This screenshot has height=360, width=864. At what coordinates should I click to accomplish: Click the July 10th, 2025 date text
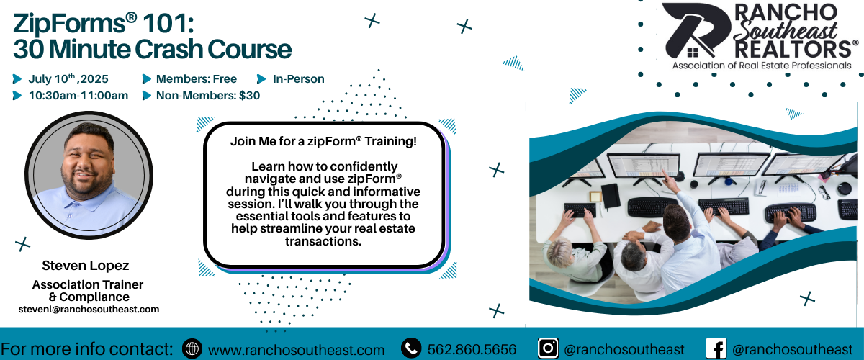[68, 78]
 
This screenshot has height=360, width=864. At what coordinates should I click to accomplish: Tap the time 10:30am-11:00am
[78, 95]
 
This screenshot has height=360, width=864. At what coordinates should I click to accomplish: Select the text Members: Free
[197, 78]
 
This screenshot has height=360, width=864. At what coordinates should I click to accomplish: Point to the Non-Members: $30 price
[208, 95]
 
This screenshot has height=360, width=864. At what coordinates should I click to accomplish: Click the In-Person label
[299, 78]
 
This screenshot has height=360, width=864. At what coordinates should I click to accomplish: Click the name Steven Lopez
[85, 266]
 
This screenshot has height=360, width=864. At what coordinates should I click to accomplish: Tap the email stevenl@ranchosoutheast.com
[89, 309]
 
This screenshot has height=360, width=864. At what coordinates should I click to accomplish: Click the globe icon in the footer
[192, 348]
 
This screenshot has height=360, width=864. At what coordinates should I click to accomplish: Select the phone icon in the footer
[411, 348]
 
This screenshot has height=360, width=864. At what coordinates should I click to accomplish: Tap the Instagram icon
[548, 348]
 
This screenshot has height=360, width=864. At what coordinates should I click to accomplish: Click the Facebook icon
[716, 348]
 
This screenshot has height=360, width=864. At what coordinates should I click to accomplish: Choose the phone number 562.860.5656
[472, 349]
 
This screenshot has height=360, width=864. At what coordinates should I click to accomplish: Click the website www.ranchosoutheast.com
[296, 350]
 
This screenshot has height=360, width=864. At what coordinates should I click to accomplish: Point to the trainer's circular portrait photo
[89, 176]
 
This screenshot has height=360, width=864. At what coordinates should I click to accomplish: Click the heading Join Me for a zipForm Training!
[323, 141]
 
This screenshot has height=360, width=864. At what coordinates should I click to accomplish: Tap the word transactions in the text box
[323, 241]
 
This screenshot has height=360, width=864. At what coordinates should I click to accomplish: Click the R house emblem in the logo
[696, 31]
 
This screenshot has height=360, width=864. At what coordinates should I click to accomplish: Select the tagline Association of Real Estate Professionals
[762, 66]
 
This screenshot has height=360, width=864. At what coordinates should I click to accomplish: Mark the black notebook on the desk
[611, 196]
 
